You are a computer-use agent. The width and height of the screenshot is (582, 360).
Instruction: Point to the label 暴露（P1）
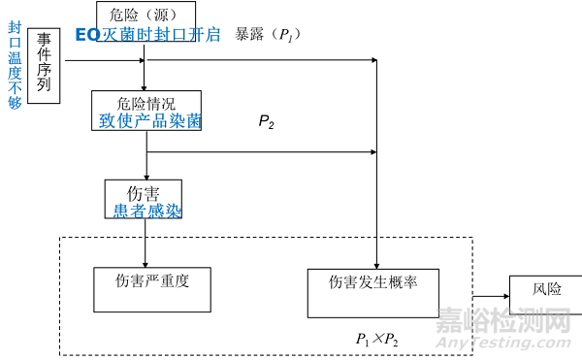click(x=268, y=34)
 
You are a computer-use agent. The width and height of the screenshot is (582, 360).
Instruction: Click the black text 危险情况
click(x=145, y=103)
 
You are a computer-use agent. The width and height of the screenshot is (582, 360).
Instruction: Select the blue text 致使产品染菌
click(x=146, y=121)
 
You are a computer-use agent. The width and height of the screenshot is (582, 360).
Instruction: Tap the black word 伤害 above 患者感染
click(x=144, y=191)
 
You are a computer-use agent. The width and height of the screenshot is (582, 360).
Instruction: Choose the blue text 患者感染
click(x=144, y=209)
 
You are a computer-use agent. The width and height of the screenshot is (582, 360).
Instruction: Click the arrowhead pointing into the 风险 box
click(x=505, y=290)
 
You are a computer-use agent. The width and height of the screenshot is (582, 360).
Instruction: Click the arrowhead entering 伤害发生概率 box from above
click(x=376, y=262)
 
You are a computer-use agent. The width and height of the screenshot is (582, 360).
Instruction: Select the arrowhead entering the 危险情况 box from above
click(x=145, y=87)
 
